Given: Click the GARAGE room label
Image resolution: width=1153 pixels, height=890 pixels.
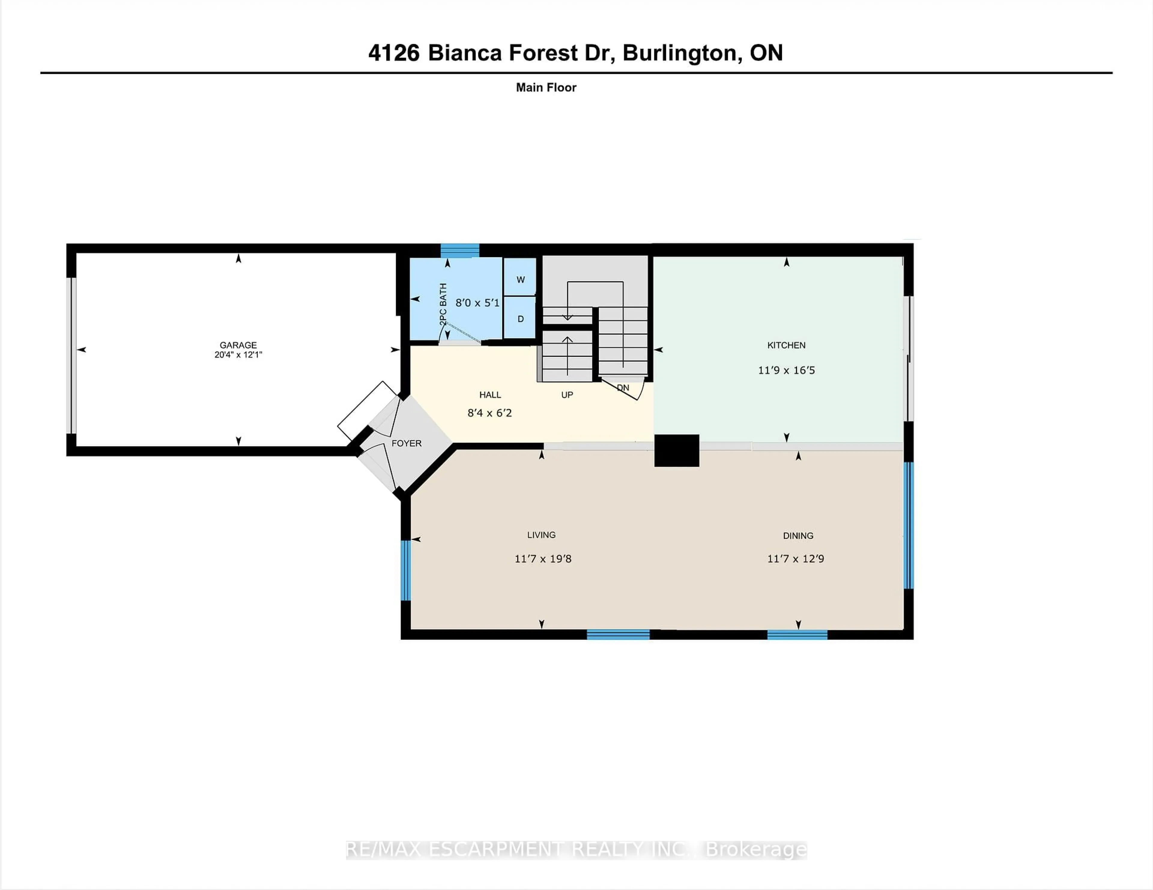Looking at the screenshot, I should pyautogui.click(x=238, y=345).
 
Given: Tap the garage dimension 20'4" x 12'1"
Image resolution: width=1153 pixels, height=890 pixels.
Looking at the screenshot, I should pyautogui.click(x=238, y=355).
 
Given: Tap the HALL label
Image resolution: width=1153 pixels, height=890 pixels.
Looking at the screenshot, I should pyautogui.click(x=490, y=395).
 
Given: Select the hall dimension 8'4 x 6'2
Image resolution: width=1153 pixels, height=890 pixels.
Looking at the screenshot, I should pyautogui.click(x=489, y=413).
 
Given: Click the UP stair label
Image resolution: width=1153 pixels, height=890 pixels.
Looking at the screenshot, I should pyautogui.click(x=567, y=395).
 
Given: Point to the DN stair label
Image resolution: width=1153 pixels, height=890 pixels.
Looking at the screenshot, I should pyautogui.click(x=623, y=387).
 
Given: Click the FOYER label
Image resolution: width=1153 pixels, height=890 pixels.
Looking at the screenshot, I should pyautogui.click(x=407, y=443).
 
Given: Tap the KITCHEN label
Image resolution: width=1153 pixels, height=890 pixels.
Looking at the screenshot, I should pyautogui.click(x=786, y=345).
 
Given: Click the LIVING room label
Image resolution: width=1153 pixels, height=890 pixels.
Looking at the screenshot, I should pyautogui.click(x=541, y=535).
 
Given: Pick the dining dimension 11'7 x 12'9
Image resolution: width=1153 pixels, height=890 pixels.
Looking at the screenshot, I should pyautogui.click(x=796, y=559).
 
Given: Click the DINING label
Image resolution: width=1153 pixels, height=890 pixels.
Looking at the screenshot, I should pyautogui.click(x=798, y=535).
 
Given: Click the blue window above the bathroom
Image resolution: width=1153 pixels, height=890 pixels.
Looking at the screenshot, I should pyautogui.click(x=460, y=250).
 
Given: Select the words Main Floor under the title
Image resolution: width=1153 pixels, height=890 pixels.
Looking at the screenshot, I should pyautogui.click(x=546, y=88).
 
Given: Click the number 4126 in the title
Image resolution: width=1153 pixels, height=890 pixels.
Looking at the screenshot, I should pyautogui.click(x=394, y=53).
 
